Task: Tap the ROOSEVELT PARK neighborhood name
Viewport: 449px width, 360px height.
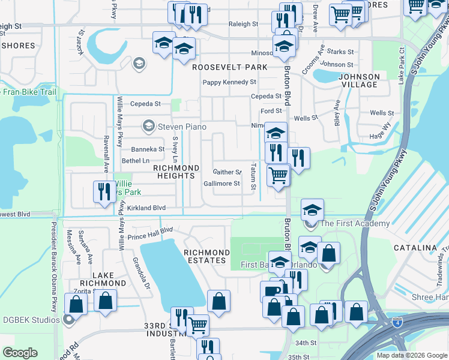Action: pos(229,68)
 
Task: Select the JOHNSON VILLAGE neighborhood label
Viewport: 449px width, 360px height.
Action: pos(359,80)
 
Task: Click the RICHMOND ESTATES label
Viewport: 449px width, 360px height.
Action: pos(206,257)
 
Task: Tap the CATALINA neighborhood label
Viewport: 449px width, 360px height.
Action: pos(415,248)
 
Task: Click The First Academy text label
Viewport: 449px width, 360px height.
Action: pos(355,224)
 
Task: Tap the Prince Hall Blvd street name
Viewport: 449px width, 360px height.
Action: pos(149,230)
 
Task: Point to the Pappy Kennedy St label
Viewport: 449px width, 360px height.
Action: pos(229,82)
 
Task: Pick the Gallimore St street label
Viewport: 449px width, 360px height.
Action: pos(221,184)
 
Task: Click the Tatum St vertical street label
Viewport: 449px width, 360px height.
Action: pos(255,178)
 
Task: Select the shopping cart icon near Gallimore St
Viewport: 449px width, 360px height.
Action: pos(278,175)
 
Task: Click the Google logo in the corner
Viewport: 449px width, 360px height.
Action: pos(20,353)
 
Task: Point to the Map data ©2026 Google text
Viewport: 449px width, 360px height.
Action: pos(411,355)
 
